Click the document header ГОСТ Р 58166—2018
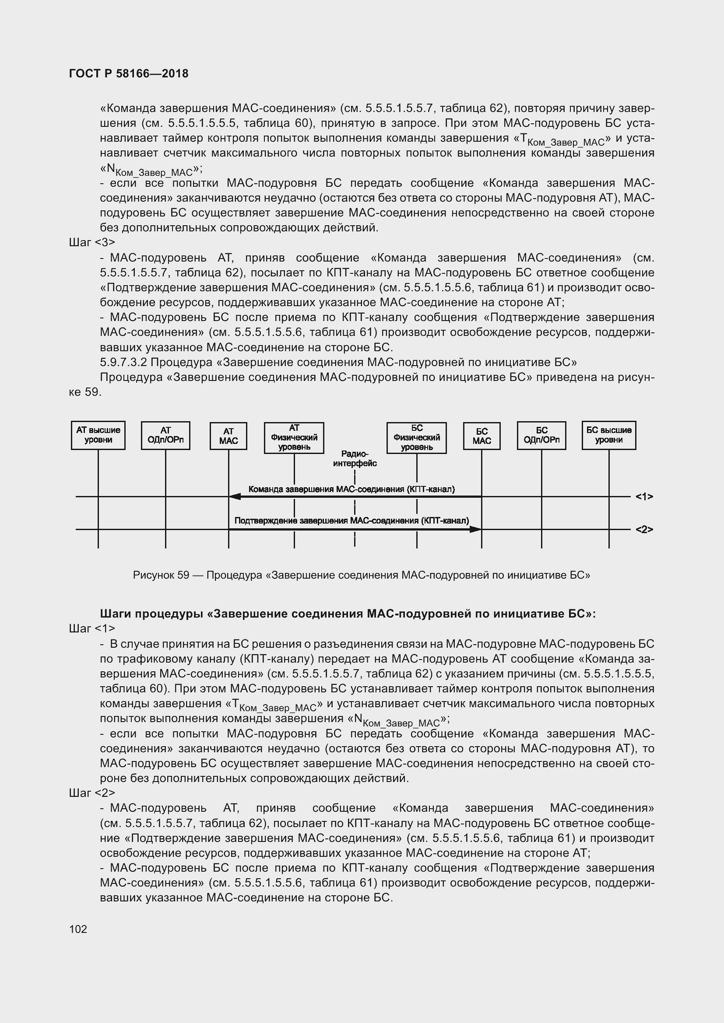tap(129, 73)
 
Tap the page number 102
tap(78, 929)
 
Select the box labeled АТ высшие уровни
tap(98, 435)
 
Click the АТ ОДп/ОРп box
tap(165, 435)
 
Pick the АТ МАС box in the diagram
tap(228, 436)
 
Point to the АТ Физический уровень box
tap(294, 437)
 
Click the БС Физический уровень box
tap(416, 437)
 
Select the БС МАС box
tap(481, 436)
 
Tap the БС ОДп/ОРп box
tap(541, 435)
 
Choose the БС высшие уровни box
tap(608, 435)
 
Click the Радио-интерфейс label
tap(355, 458)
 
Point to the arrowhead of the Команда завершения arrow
tap(234, 496)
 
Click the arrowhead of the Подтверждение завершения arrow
tap(476, 529)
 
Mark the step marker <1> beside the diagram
tap(644, 496)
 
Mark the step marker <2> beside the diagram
tap(644, 529)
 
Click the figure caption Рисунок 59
tap(361, 575)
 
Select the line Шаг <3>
tap(92, 242)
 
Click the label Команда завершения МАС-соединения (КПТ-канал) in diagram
tap(351, 489)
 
